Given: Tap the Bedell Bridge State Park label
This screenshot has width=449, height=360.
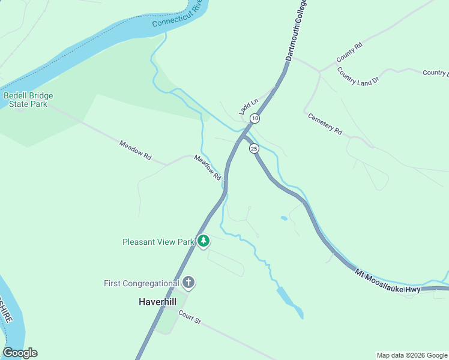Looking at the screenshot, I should coord(28,100).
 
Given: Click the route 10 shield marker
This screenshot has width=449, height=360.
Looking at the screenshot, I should coord(255,118).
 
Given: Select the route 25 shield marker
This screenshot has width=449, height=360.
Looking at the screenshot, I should coord(254,148).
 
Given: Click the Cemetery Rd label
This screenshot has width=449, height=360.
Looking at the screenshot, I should coord(325,124).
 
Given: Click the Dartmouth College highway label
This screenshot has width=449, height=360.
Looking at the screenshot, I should coord(295,32).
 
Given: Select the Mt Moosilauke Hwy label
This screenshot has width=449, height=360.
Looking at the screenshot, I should coord(387,281).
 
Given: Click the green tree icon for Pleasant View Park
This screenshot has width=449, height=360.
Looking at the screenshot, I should coord(203,241).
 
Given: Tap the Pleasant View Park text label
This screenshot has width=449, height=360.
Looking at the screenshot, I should coord(158,242).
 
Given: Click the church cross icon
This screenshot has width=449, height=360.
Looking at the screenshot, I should coord(188,283).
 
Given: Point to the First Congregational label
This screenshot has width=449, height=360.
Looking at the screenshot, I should coord(142,283).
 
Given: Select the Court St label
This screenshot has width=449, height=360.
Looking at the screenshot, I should coord(189,317).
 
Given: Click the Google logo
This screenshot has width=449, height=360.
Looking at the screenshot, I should coord(20,353).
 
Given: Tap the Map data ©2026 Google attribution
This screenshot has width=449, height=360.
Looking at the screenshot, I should coord(412,355).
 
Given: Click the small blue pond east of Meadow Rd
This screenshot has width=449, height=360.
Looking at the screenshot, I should coord(283,218).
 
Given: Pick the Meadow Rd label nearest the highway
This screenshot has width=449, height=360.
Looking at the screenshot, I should coord(208,168).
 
